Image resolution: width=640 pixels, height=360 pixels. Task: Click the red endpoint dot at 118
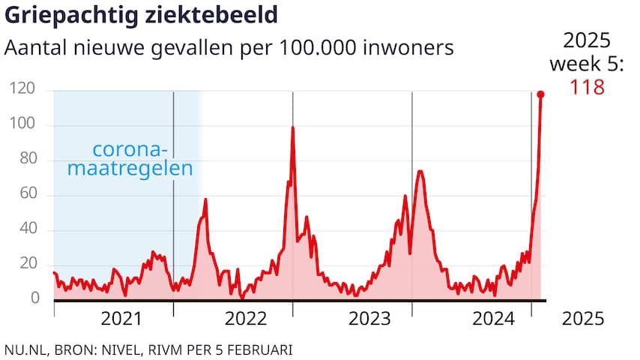(x=540, y=94)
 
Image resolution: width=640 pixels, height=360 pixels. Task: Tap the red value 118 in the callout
(x=587, y=87)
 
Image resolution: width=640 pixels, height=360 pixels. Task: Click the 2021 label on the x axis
(x=121, y=319)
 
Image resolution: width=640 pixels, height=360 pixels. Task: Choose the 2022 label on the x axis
(x=246, y=319)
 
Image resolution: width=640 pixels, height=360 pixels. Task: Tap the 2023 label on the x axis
(x=370, y=319)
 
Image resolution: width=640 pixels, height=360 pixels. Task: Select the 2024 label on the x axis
(x=493, y=319)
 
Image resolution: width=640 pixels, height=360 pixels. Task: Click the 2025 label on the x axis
(x=583, y=319)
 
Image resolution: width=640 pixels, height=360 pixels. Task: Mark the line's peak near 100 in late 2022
(x=292, y=128)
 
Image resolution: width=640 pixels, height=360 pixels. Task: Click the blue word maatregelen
(x=131, y=168)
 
